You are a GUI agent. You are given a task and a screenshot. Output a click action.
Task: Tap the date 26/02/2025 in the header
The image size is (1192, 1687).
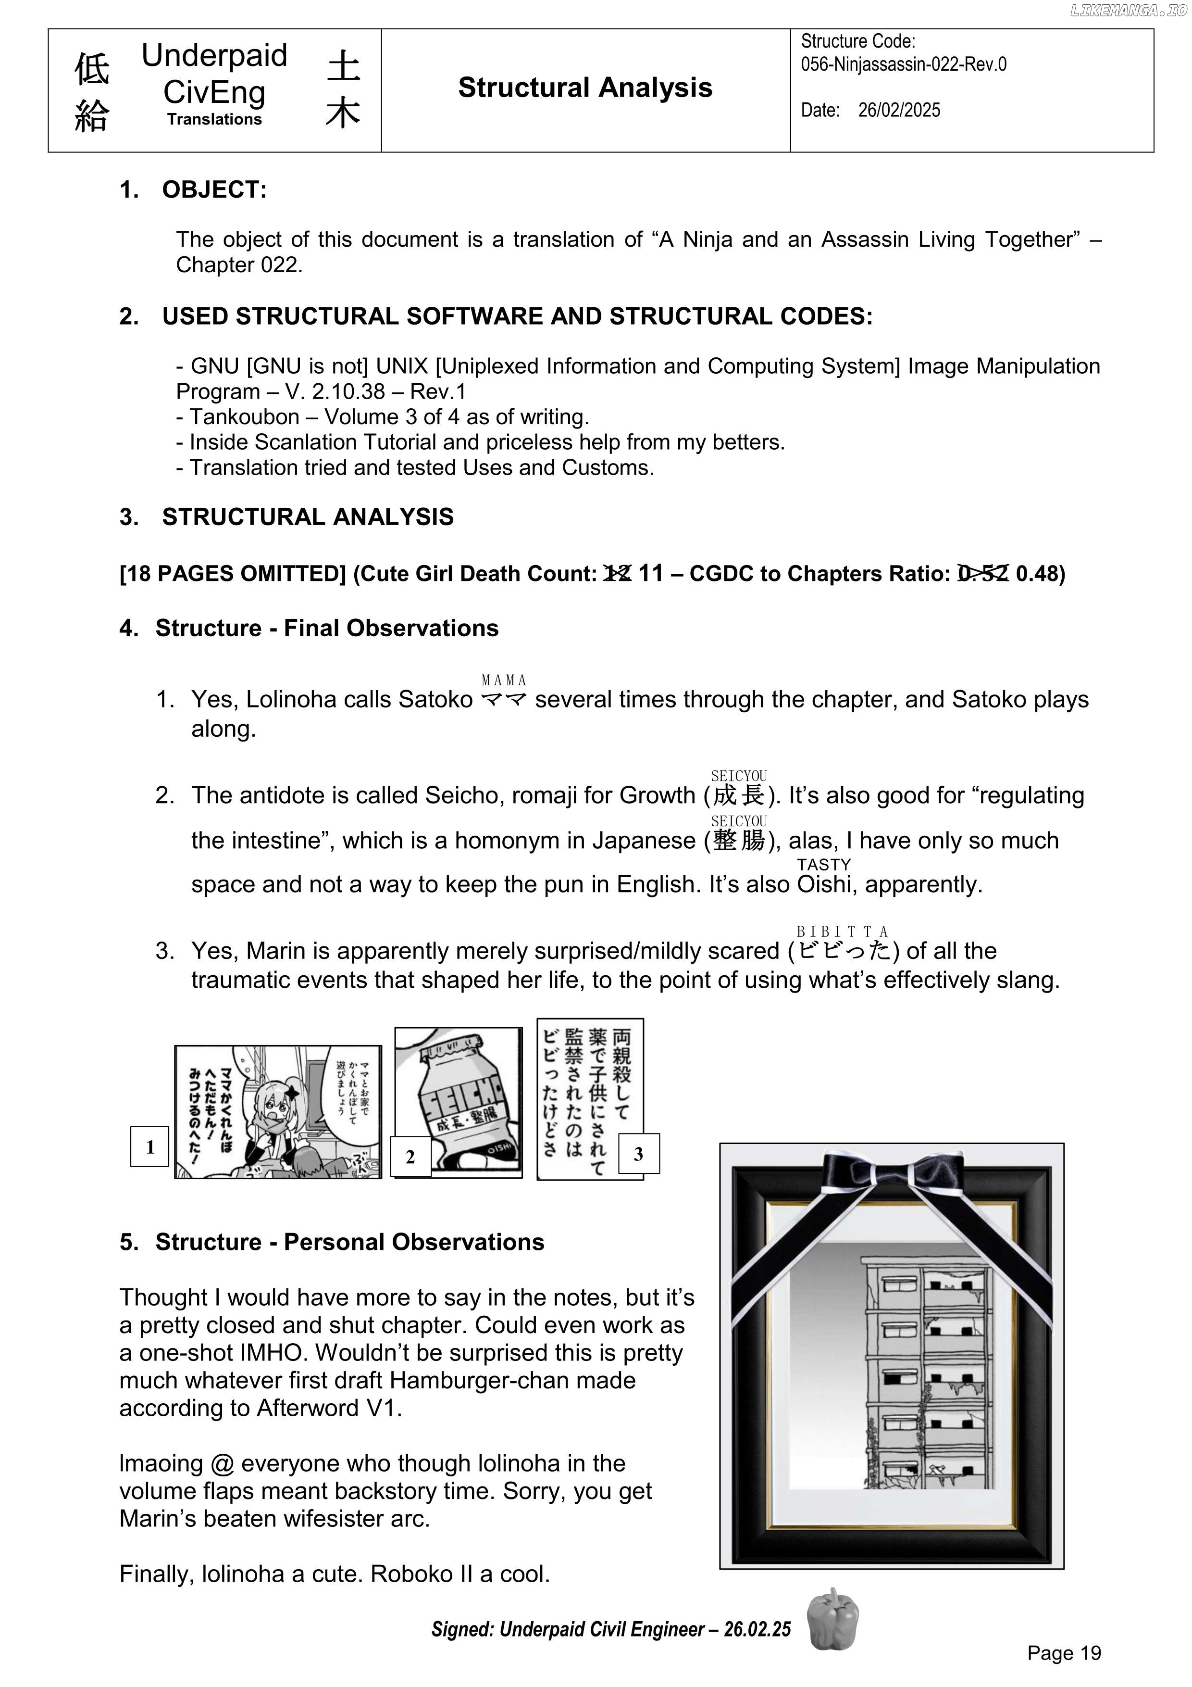899,110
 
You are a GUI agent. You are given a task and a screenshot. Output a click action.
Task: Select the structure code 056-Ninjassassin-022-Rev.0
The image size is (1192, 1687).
903,64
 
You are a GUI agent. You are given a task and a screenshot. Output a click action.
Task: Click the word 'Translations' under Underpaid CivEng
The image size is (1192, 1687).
214,119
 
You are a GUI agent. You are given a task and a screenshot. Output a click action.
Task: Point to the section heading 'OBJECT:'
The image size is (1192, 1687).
214,189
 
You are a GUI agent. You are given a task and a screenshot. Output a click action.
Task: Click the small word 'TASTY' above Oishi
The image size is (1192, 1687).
823,865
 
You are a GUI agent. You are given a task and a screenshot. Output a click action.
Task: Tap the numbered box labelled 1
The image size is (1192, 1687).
150,1147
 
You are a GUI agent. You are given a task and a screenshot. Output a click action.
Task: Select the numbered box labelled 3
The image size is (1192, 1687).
638,1154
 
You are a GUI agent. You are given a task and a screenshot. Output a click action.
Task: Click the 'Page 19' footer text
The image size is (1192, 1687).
1064,1653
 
